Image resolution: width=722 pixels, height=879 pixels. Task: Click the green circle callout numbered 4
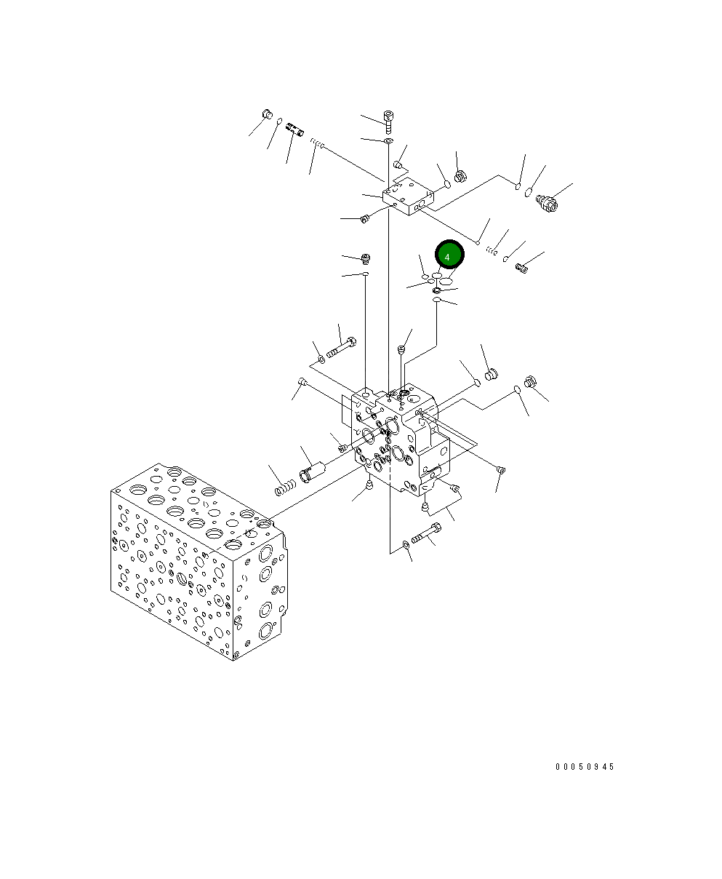(x=449, y=256)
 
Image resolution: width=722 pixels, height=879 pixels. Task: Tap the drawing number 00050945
(x=585, y=767)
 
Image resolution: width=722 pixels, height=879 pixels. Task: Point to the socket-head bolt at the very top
(x=388, y=120)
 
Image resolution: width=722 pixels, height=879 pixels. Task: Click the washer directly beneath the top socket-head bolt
(x=389, y=140)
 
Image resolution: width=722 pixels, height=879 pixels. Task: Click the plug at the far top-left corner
(x=266, y=114)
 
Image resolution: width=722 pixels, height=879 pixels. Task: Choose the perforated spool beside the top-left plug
(x=294, y=131)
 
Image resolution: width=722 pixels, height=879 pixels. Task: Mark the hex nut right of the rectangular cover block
(x=460, y=177)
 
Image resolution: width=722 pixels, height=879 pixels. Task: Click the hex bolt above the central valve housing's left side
(x=340, y=349)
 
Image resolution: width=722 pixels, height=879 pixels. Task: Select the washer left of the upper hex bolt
(x=321, y=359)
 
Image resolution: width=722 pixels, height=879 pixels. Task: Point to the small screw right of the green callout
(x=521, y=268)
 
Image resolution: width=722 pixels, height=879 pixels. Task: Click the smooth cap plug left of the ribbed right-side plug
(x=490, y=375)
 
